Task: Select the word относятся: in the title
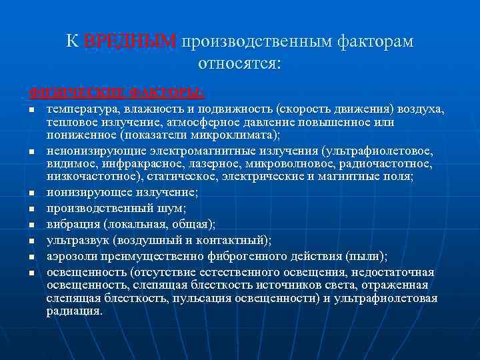pyautogui.click(x=240, y=64)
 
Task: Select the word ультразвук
pyautogui.click(x=79, y=239)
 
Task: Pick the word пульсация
pyautogui.click(x=202, y=298)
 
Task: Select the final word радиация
pyautogui.click(x=74, y=311)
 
